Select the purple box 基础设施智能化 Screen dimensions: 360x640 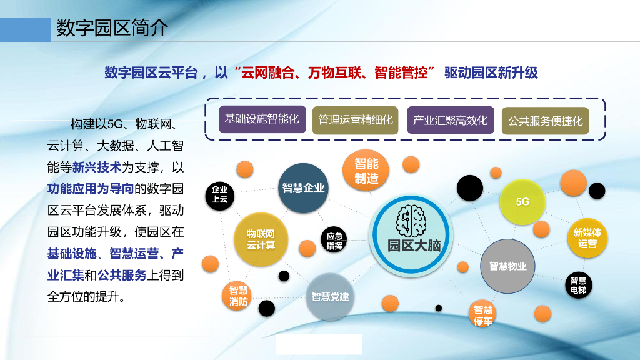[x=262, y=119]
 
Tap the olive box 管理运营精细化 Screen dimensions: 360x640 [x=356, y=119]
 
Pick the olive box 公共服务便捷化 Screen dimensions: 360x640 [x=545, y=120]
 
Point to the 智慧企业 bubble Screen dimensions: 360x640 [x=303, y=188]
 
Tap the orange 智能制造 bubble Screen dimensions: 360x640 [x=366, y=171]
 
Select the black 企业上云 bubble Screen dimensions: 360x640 [x=220, y=194]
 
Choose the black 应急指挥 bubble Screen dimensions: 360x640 [x=334, y=241]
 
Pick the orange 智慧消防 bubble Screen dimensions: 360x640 [x=238, y=296]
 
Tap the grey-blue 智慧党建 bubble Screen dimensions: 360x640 [x=330, y=297]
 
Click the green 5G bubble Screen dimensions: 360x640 [x=522, y=202]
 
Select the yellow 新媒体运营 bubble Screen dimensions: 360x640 [x=587, y=238]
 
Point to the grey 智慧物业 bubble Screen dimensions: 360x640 [x=507, y=266]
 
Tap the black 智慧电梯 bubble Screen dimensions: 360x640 [x=578, y=286]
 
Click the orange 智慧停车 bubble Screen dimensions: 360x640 [x=483, y=314]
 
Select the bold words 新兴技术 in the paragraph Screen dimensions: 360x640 [x=96, y=167]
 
